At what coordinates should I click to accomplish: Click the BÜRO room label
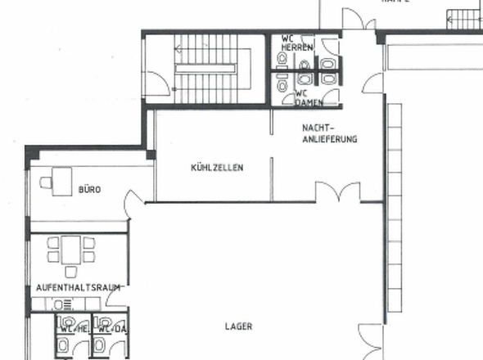[89, 190]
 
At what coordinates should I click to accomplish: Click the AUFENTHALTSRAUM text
[79, 287]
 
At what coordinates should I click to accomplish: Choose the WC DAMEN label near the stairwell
[306, 98]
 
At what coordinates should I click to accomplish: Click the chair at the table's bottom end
[70, 271]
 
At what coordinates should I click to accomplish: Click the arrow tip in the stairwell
[177, 49]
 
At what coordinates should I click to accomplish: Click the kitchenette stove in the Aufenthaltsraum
[61, 304]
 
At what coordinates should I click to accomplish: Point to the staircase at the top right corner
[463, 16]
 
